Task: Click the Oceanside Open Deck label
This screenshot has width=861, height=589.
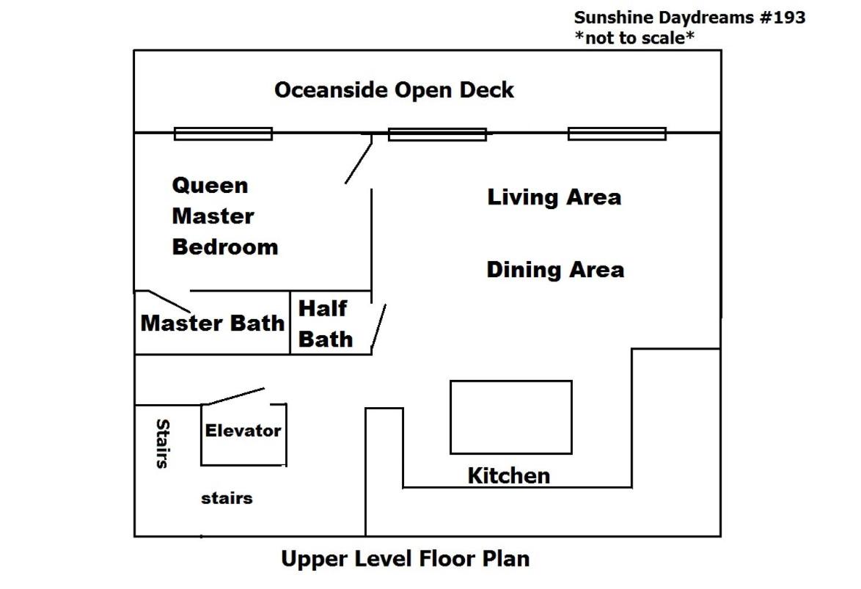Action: [x=394, y=90]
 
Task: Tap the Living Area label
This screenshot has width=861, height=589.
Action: [x=554, y=197]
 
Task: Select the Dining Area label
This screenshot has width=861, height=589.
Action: [x=555, y=270]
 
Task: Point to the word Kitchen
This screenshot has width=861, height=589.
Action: [x=508, y=475]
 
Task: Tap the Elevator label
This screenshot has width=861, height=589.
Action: [x=243, y=431]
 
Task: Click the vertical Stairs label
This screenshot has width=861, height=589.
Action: [x=163, y=443]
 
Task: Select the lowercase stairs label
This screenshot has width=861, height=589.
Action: [x=227, y=498]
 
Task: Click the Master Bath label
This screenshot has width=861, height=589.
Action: [x=213, y=323]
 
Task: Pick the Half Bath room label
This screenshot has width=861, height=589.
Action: [x=325, y=323]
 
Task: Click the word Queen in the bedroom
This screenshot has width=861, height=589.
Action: [x=210, y=186]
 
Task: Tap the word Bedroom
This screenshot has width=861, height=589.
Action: [x=225, y=246]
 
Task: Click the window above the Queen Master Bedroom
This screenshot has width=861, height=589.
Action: [x=223, y=133]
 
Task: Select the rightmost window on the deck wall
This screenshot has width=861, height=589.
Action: [x=617, y=133]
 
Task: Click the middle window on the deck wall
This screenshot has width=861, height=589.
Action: [x=437, y=134]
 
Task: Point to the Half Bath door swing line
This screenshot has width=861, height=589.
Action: [x=379, y=327]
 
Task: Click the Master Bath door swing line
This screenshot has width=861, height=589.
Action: [x=169, y=301]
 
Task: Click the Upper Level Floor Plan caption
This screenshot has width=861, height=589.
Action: [x=406, y=559]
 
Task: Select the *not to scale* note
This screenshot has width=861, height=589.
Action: [x=634, y=38]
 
